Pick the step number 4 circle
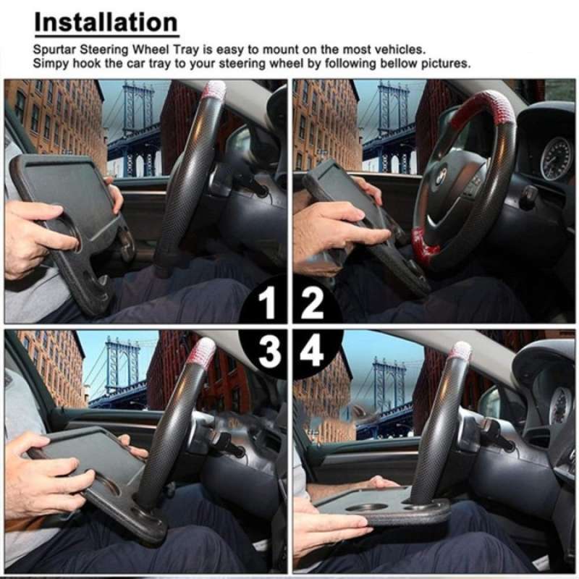point(313,352)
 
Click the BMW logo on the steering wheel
point(439,177)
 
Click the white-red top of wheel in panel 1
point(213,90)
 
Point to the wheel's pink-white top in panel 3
point(202,352)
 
